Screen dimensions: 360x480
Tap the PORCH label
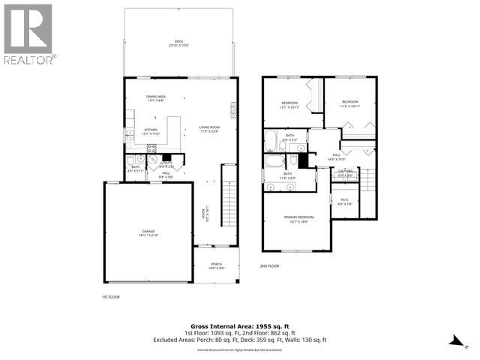(216, 265)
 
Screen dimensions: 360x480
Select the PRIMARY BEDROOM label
(298, 219)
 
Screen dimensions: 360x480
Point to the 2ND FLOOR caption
(269, 265)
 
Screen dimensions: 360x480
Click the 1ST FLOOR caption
(110, 298)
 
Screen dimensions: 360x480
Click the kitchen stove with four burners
(130, 136)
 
